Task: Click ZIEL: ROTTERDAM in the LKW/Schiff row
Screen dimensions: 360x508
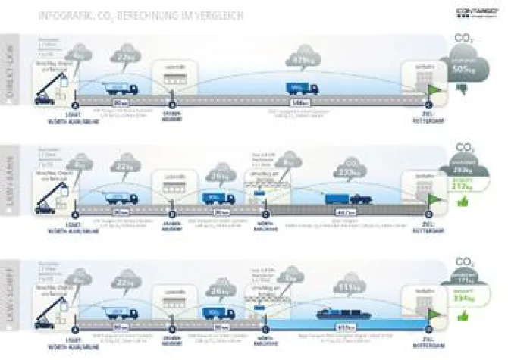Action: point(428,331)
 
